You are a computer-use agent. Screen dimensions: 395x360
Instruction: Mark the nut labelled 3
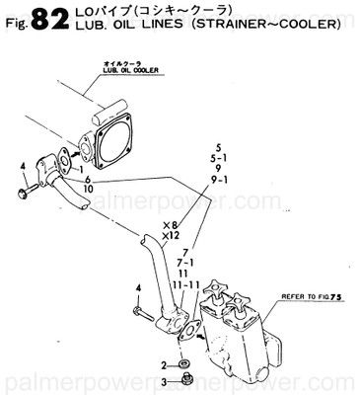[x=183, y=378]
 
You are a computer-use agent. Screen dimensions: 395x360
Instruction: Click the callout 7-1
[x=184, y=262]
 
